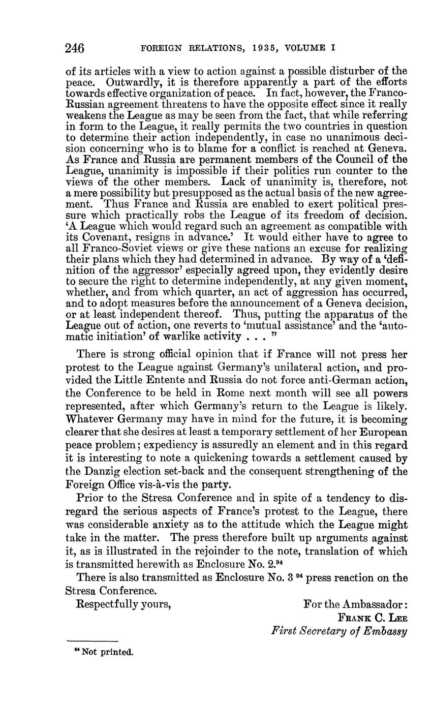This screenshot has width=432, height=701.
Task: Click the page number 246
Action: tap(75, 48)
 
